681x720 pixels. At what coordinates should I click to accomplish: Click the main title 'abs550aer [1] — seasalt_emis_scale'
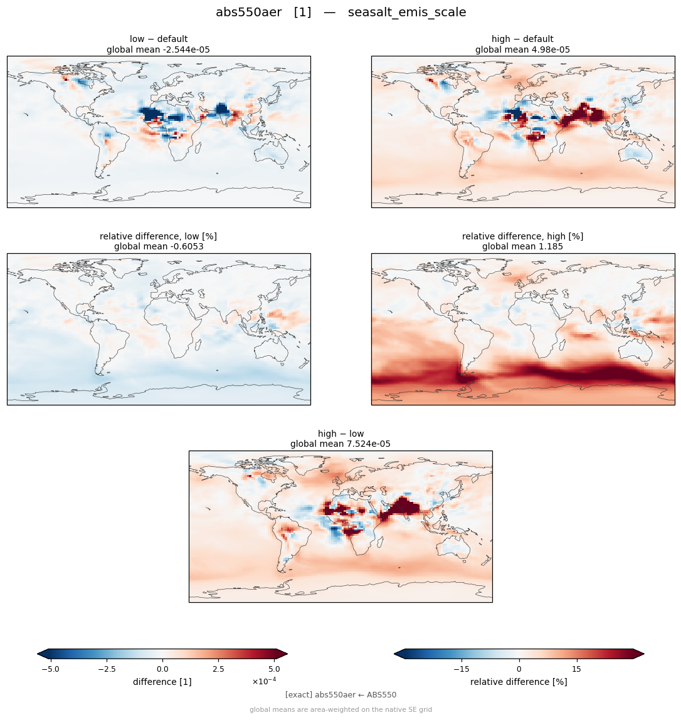(x=340, y=13)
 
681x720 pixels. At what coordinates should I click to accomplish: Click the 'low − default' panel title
(x=159, y=39)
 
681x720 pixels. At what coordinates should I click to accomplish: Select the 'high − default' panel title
(x=522, y=39)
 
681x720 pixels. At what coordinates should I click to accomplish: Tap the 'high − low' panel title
(x=340, y=434)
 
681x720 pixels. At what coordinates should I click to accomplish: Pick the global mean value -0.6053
(x=183, y=247)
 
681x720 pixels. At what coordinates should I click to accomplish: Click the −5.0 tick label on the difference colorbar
(x=50, y=669)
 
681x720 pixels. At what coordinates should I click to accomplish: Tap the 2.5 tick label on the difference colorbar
(x=218, y=669)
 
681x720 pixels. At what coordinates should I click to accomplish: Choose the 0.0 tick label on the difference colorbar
(x=162, y=669)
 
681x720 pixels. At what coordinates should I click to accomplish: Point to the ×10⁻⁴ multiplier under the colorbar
(x=264, y=681)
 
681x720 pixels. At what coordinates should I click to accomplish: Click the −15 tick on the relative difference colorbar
(x=462, y=669)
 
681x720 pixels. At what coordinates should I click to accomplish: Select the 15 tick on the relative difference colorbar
(x=576, y=669)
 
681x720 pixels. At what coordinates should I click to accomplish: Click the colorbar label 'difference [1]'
(x=162, y=682)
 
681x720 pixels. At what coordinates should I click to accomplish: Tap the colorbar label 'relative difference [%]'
(x=519, y=682)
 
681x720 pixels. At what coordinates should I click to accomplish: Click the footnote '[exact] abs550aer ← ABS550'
(x=340, y=695)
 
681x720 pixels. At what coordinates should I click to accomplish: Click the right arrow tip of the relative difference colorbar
(x=644, y=654)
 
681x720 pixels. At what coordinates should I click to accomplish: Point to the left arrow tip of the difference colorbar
(x=38, y=654)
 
